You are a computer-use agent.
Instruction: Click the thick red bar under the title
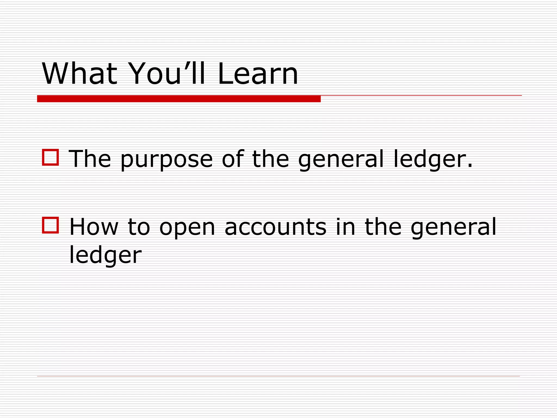coord(179,99)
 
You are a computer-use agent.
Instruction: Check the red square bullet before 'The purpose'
coord(51,157)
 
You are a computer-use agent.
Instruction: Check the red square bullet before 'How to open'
coord(51,225)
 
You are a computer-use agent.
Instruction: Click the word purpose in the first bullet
coord(166,159)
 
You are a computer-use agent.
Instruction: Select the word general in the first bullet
coord(341,159)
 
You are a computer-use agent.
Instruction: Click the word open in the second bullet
coord(187,228)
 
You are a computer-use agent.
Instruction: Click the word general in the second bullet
coord(453,228)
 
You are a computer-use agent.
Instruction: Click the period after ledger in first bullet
coord(470,165)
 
